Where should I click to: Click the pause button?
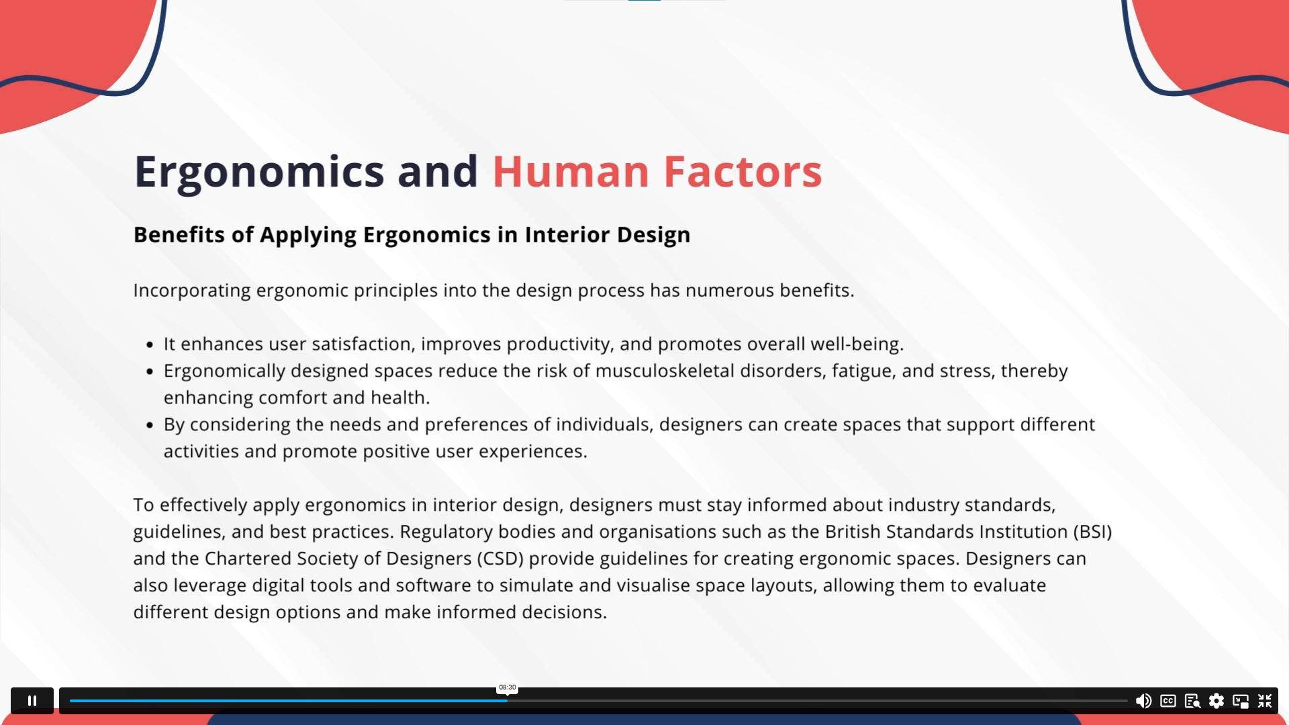click(x=32, y=701)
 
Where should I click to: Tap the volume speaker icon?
click(x=1143, y=701)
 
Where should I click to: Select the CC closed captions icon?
click(x=1168, y=701)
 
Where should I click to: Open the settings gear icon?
click(x=1216, y=701)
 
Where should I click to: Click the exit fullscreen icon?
click(x=1265, y=701)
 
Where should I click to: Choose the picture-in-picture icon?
click(x=1241, y=701)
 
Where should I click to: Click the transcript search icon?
click(x=1192, y=701)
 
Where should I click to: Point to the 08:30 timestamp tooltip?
click(x=508, y=687)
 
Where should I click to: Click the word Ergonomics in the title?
click(x=259, y=172)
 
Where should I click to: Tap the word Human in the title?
click(x=571, y=171)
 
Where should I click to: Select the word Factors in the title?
click(x=743, y=171)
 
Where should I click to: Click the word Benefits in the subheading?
click(x=179, y=234)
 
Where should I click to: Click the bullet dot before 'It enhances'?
click(x=150, y=345)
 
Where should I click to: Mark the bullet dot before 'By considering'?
click(x=150, y=426)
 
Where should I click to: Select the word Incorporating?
click(x=192, y=291)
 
